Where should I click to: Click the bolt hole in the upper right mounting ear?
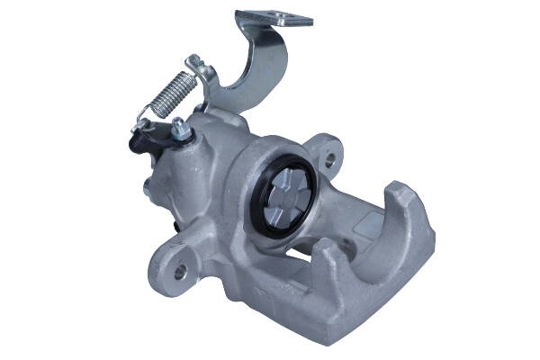pos(330,160)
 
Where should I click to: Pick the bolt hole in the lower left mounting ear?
pos(180,269)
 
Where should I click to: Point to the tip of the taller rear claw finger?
pos(399,191)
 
